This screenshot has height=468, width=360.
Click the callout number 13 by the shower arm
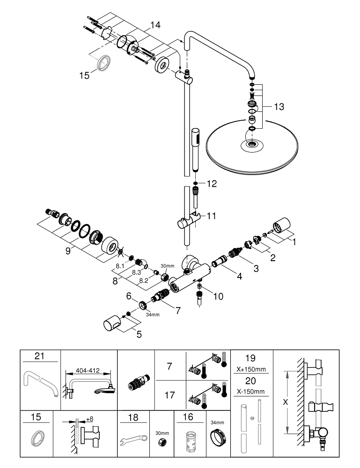(x=278, y=107)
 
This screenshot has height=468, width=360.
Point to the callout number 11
(x=211, y=216)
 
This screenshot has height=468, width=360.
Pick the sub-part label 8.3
(x=136, y=271)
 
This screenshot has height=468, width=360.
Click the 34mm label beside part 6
(x=152, y=314)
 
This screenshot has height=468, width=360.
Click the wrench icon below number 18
(x=133, y=439)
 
